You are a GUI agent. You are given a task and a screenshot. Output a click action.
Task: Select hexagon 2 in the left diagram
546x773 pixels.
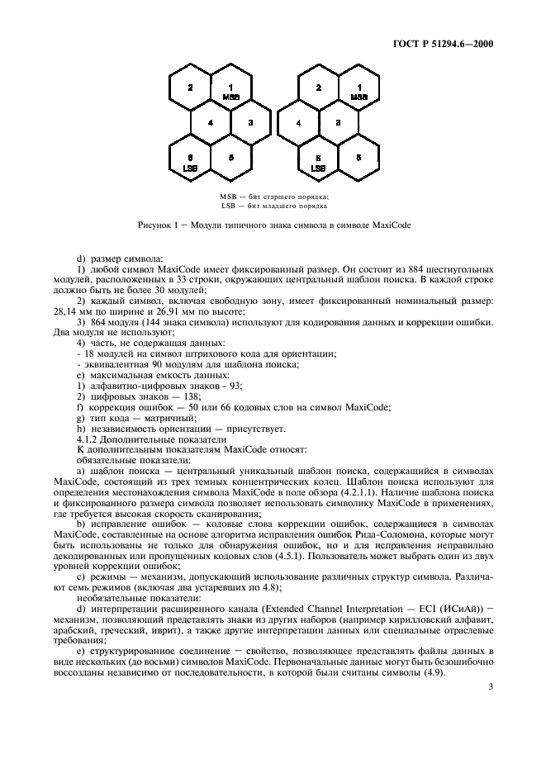(190, 88)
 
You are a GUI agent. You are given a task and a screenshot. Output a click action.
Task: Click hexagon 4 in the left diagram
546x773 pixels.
(211, 123)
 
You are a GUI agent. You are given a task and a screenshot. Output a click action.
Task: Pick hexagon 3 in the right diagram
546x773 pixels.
(338, 123)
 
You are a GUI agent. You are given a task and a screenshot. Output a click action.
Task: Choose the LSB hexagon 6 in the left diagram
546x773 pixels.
(190, 160)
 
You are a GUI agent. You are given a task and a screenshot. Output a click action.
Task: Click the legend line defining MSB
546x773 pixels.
(273, 197)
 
